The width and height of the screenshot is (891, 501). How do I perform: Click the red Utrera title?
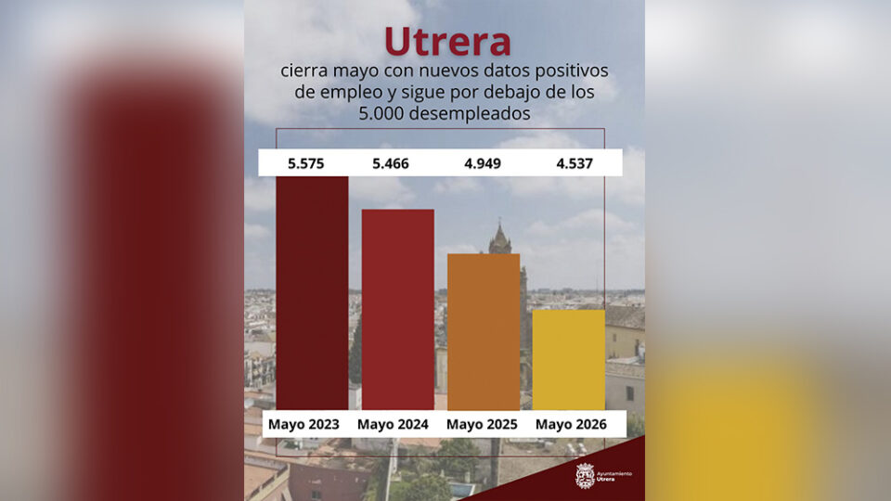447,42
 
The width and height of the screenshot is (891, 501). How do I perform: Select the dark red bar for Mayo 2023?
312,292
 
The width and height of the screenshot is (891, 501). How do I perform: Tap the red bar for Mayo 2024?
398,310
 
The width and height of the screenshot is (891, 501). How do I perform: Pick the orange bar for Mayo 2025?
484,332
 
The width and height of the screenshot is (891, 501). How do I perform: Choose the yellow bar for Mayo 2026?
569,360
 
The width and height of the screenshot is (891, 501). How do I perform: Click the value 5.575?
305,163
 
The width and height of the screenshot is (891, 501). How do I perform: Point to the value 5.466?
391,163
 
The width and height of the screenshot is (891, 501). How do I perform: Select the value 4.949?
483,163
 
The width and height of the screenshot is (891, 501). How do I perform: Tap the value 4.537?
575,163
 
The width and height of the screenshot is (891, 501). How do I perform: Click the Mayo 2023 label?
303,424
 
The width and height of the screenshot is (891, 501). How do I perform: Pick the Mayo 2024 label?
393,424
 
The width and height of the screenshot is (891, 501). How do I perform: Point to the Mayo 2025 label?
482,424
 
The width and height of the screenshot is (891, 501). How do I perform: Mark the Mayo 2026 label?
571,424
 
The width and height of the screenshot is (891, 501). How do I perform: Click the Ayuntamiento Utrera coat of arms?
585,476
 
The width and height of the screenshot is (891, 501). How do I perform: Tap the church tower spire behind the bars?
500,237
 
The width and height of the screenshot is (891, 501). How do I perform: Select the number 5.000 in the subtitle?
381,113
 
